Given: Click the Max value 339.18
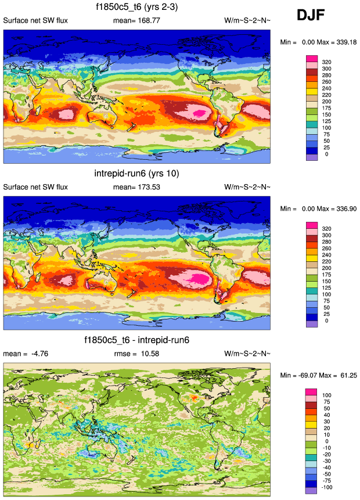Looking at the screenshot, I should tap(342, 42).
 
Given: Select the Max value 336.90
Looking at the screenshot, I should tap(342, 208).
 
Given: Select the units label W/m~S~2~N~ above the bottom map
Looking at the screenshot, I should tap(247, 353).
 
